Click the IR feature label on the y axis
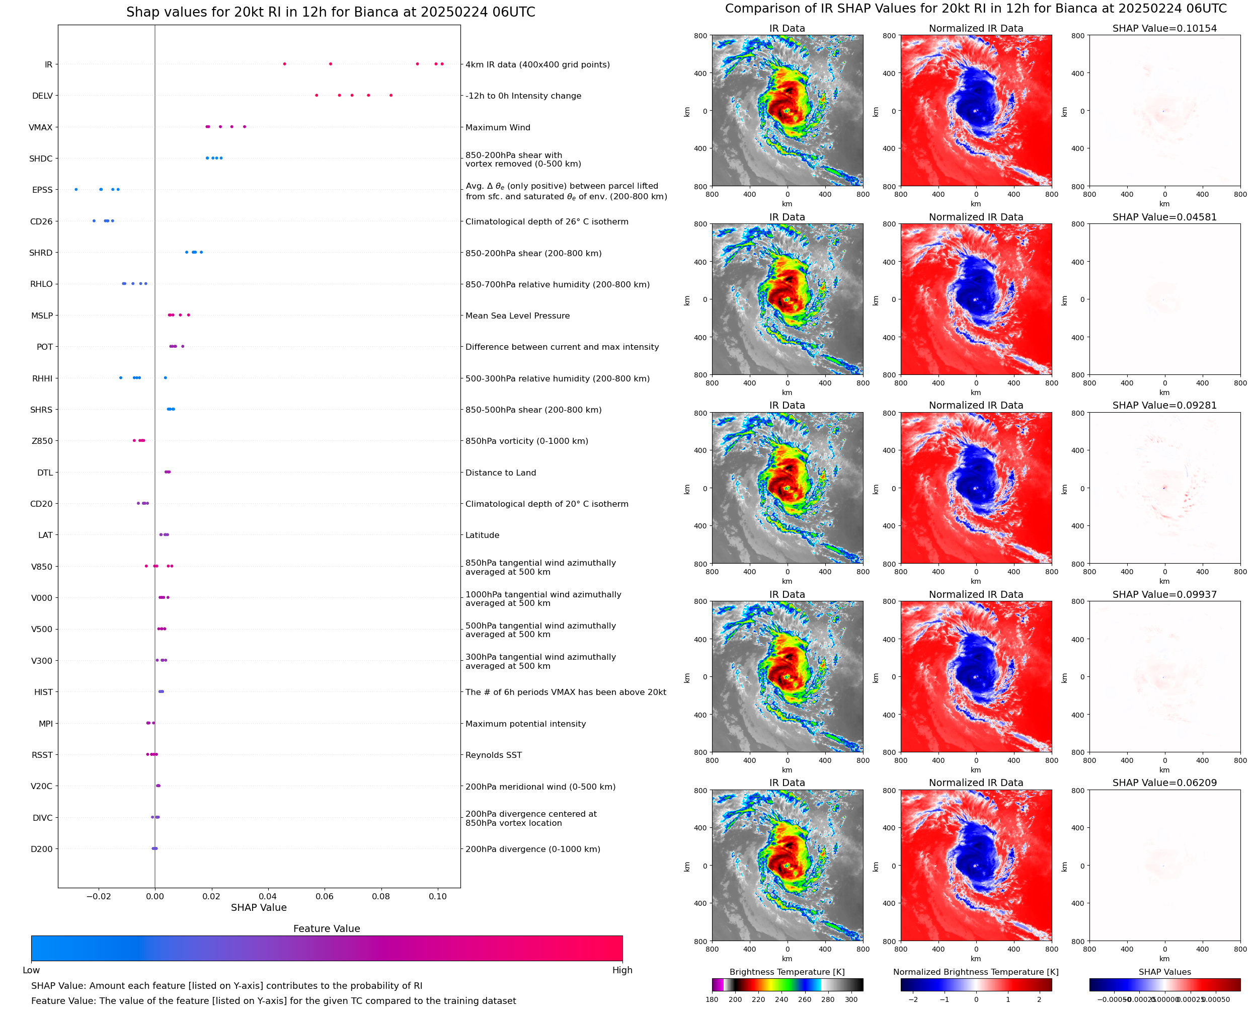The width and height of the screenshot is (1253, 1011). pos(48,64)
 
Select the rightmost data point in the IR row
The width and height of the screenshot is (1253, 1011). pos(442,64)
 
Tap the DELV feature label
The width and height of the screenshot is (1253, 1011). pos(42,96)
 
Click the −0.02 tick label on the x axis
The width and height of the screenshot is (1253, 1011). pos(99,896)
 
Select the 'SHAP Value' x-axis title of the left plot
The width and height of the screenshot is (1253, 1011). pos(259,907)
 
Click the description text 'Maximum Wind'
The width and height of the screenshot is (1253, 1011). pos(498,127)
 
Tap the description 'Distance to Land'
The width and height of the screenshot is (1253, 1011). pos(501,473)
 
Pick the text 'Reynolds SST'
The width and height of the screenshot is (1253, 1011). pos(494,755)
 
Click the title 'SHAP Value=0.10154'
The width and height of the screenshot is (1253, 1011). pos(1164,29)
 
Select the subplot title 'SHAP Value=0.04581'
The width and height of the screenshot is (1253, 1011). pos(1164,217)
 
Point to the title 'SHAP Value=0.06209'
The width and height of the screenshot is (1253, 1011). pos(1164,783)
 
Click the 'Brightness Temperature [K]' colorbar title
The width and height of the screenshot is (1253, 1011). pos(787,972)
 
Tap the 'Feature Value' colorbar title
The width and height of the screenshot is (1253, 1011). pos(327,928)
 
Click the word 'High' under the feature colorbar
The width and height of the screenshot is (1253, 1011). pos(622,970)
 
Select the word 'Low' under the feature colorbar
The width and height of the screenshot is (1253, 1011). pos(31,970)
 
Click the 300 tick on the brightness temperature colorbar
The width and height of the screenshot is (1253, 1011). pos(851,999)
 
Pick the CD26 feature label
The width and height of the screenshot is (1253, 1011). pos(41,222)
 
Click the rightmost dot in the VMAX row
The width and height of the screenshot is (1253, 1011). pos(245,126)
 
